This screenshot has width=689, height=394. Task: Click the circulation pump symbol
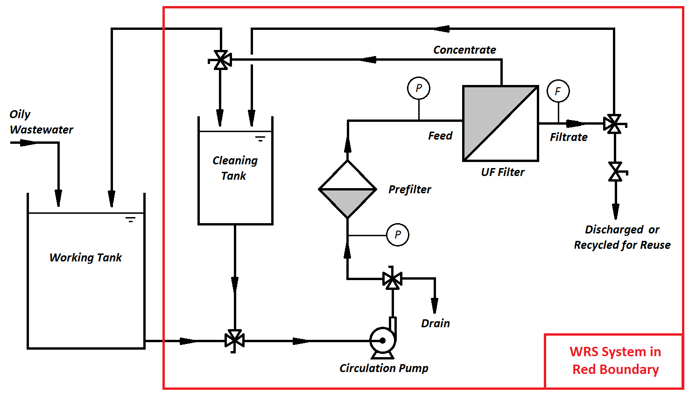click(x=383, y=340)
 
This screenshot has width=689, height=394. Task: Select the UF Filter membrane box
click(x=500, y=123)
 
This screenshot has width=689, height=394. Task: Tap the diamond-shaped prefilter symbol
click(x=347, y=189)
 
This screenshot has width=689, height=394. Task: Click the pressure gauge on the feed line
click(x=418, y=88)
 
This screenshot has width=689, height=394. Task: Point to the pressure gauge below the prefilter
click(x=398, y=235)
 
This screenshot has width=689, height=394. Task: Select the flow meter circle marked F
click(x=558, y=91)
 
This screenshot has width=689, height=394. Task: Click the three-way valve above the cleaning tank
click(x=220, y=60)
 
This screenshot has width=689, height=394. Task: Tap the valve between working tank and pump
click(x=234, y=341)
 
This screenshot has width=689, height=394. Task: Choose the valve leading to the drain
click(x=392, y=279)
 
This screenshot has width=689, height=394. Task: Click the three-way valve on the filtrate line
click(x=613, y=124)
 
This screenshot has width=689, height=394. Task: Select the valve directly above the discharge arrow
click(x=616, y=172)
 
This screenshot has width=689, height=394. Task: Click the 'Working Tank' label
click(x=85, y=258)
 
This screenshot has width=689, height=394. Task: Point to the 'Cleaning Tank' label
click(x=235, y=168)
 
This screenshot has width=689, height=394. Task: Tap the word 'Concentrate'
click(x=464, y=50)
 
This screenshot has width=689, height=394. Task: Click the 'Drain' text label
click(x=435, y=324)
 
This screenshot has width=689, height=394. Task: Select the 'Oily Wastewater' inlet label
click(x=41, y=122)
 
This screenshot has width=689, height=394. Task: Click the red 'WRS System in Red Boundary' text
click(x=615, y=360)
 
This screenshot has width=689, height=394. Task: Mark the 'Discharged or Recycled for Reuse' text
click(x=622, y=237)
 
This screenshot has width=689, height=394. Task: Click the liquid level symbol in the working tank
click(x=130, y=219)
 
